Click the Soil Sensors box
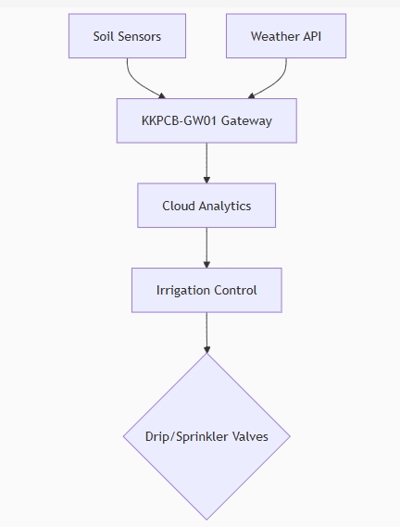(x=127, y=36)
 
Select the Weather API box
(x=286, y=36)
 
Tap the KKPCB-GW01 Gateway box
(x=206, y=120)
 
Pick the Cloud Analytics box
(x=206, y=206)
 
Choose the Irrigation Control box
(x=206, y=290)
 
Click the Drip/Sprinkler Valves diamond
(x=206, y=436)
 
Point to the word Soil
(x=102, y=36)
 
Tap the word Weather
(x=275, y=36)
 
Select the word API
(x=312, y=36)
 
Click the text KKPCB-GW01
(x=179, y=120)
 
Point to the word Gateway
(x=246, y=121)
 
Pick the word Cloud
(x=179, y=206)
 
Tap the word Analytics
(x=225, y=207)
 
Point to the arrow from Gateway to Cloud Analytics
(x=206, y=163)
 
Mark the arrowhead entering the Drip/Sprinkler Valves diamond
(x=206, y=349)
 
